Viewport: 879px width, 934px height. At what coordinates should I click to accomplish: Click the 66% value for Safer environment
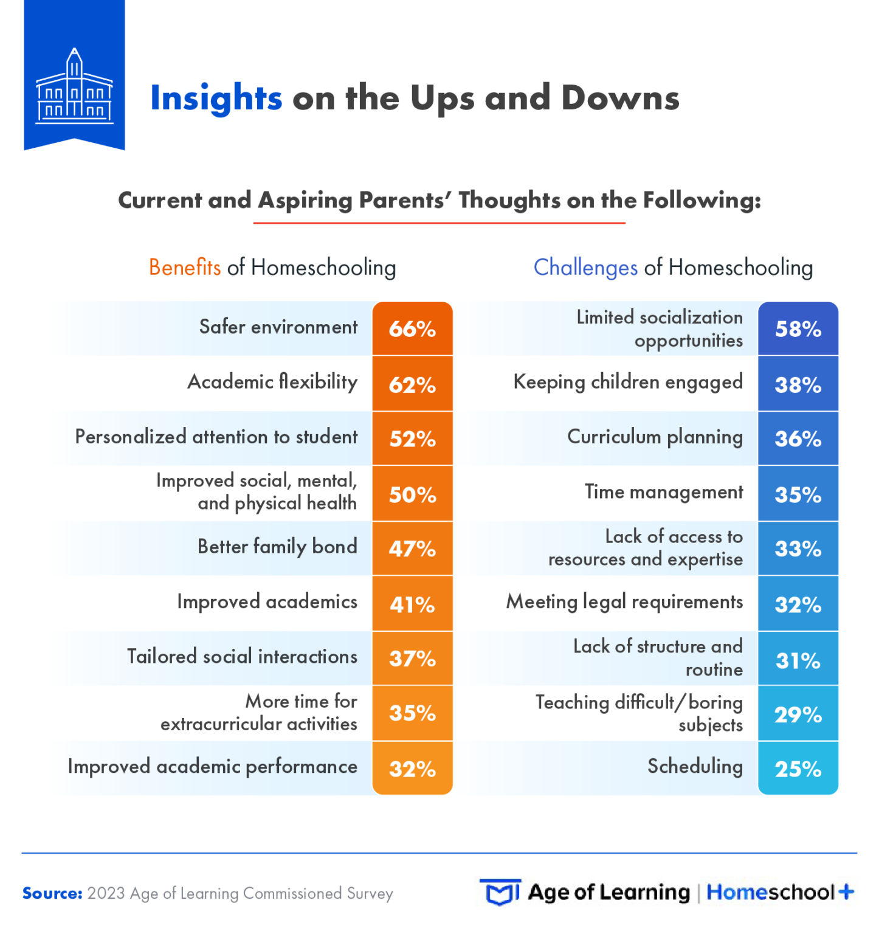pos(412,329)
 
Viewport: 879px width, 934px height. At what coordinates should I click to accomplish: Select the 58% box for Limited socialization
pos(798,329)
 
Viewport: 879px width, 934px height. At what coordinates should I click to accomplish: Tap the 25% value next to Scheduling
pos(798,769)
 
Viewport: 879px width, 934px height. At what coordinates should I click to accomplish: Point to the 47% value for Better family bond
pos(412,548)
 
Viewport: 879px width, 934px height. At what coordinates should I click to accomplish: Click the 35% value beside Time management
pos(798,494)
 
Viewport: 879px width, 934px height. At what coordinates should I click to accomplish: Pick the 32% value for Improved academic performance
pos(412,769)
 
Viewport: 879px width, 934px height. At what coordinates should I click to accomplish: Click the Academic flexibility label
pos(272,382)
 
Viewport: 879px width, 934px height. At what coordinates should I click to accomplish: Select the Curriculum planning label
pos(655,437)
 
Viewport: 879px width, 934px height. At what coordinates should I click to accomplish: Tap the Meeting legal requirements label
pos(624,602)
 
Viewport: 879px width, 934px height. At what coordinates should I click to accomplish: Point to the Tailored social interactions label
pos(242,657)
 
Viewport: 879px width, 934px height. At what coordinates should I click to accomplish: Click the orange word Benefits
pos(185,268)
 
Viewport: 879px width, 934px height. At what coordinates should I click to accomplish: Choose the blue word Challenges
pos(585,268)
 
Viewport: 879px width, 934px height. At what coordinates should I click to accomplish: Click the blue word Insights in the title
pos(216,98)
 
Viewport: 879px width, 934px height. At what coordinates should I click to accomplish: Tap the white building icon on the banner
pos(74,88)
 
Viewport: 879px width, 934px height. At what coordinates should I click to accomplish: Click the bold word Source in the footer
pos(52,893)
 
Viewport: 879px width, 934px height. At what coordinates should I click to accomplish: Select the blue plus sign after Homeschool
pos(846,892)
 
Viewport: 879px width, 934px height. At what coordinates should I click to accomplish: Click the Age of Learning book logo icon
pos(500,893)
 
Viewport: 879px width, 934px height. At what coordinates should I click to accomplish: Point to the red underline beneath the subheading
pos(439,223)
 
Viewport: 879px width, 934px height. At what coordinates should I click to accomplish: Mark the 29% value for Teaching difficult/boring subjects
pos(798,714)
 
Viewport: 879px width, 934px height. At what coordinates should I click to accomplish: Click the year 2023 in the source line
pos(106,893)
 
